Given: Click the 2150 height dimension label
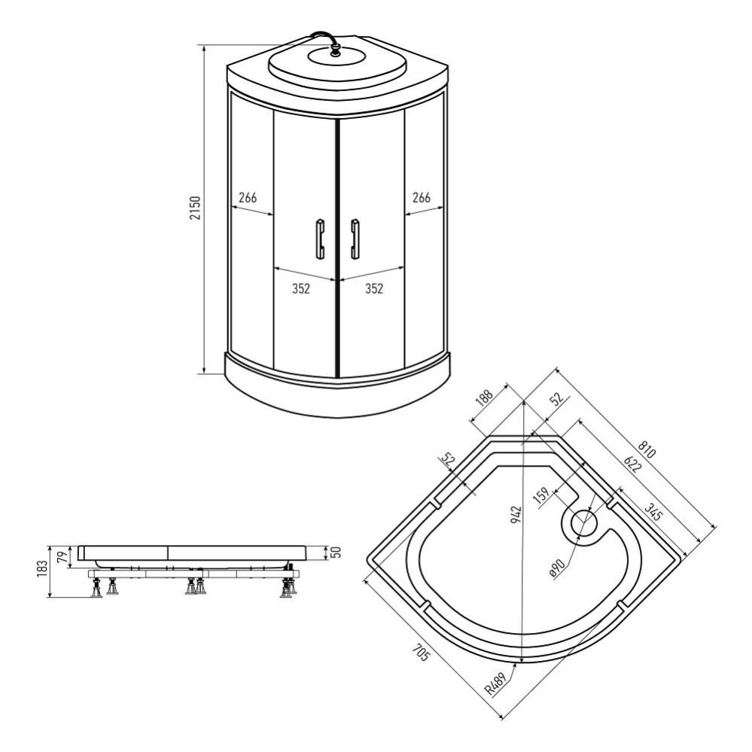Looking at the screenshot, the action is (196, 207).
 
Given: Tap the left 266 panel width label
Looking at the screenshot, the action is (248, 197).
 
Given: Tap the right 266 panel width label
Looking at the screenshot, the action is (422, 197).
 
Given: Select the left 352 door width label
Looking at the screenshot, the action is (300, 289).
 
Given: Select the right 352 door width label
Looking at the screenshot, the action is (374, 289).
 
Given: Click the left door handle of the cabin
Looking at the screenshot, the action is (320, 239).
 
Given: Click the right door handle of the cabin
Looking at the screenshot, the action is (355, 239).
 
